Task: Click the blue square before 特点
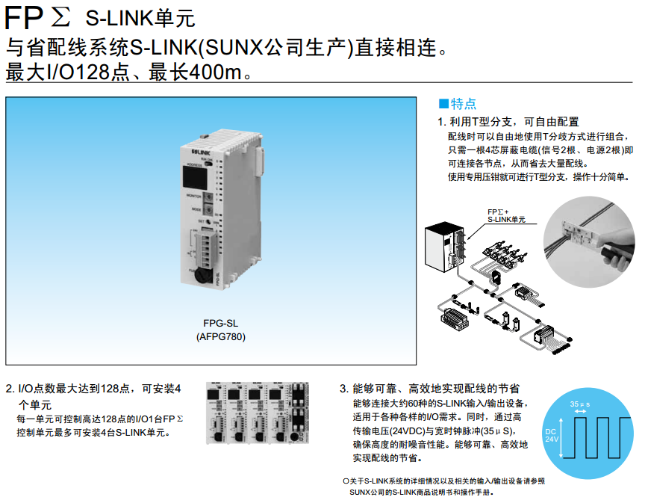(x=442, y=104)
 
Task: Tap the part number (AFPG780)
(x=220, y=336)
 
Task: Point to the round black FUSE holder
(x=201, y=277)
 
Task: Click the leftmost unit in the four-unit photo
(x=219, y=415)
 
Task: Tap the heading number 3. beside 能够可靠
(x=344, y=389)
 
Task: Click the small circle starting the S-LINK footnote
(x=345, y=481)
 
